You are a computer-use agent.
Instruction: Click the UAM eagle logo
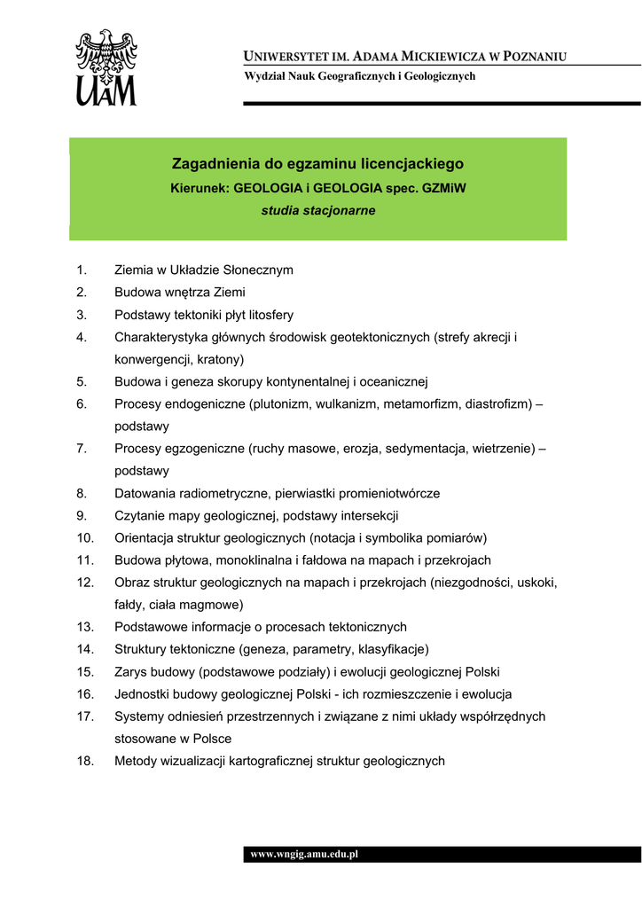click(106, 67)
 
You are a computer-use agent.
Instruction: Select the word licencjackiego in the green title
click(418, 164)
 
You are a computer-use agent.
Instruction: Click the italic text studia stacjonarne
click(317, 211)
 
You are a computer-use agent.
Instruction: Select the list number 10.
click(85, 537)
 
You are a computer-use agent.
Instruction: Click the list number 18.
click(85, 761)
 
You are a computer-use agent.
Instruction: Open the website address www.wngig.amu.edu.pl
click(303, 855)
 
